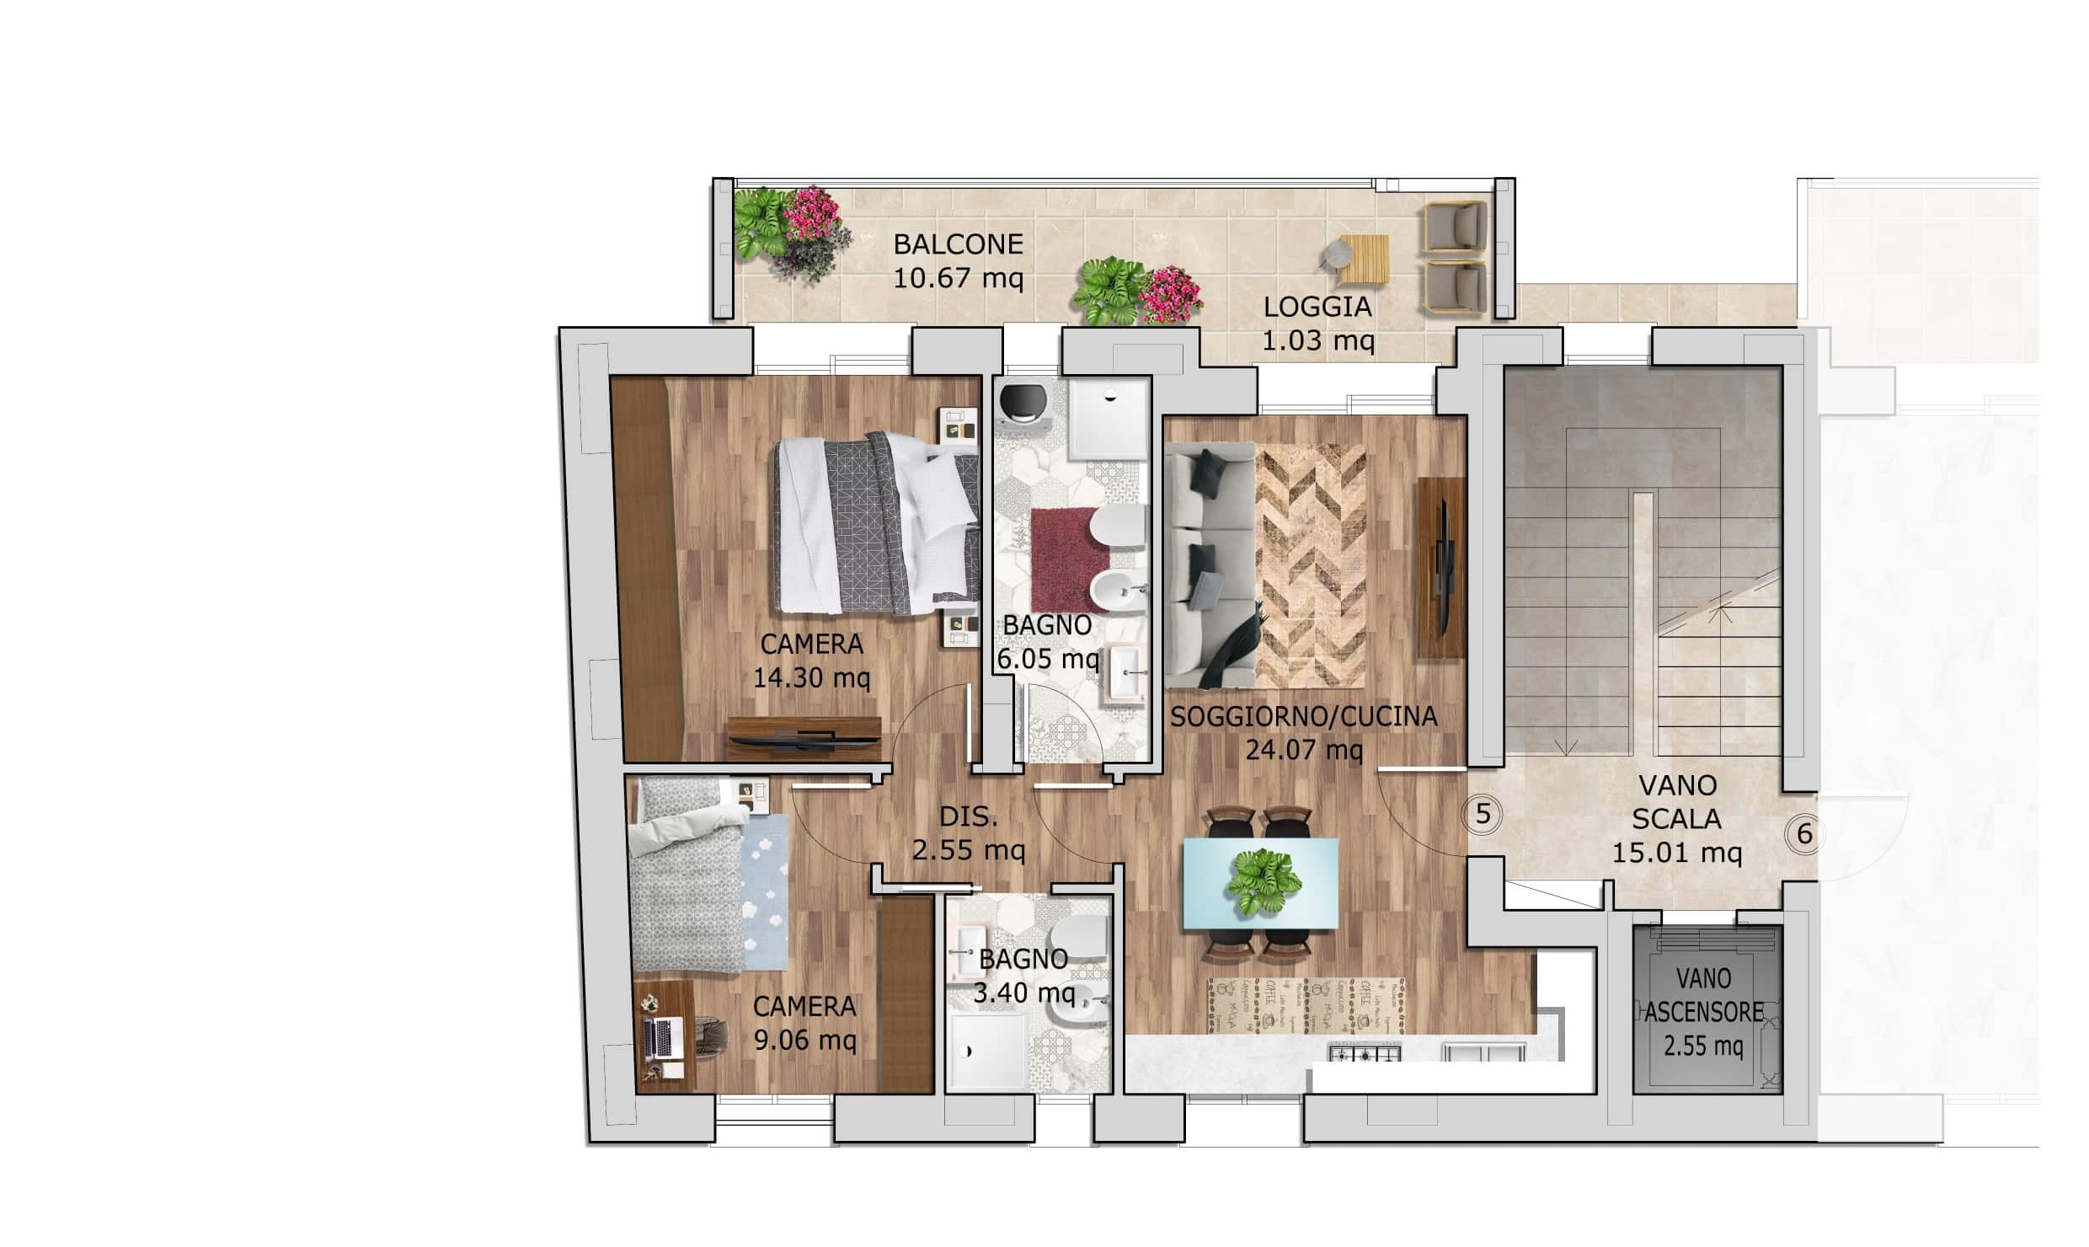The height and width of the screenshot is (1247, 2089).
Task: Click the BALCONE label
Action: click(x=958, y=244)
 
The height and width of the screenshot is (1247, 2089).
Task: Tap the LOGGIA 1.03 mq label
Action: click(x=1318, y=324)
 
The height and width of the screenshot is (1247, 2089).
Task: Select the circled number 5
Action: click(x=1484, y=814)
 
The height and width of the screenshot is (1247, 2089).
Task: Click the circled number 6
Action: click(x=1805, y=834)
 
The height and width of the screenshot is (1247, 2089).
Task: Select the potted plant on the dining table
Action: click(x=1264, y=880)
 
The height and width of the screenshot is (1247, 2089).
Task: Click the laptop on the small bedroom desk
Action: click(x=663, y=1039)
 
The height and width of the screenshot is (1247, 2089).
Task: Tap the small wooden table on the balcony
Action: click(x=1364, y=260)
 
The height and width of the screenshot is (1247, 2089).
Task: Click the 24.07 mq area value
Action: click(x=1304, y=749)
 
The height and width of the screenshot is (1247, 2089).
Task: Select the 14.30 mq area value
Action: click(x=811, y=677)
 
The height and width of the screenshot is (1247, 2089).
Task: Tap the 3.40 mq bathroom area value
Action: click(x=1024, y=993)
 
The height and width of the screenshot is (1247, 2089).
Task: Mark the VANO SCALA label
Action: click(x=1678, y=802)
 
